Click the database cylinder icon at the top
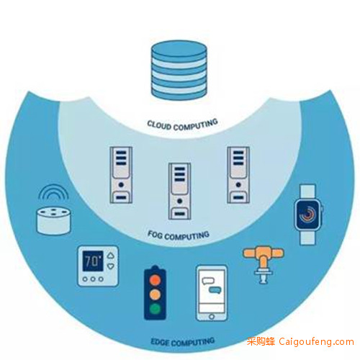coord(179,71)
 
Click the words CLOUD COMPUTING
coord(183,125)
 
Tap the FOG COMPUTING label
coord(179,235)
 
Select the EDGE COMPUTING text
coord(183,342)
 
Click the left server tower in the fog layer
coord(121,175)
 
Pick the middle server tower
coord(179,191)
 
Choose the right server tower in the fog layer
coord(238,175)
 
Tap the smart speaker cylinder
coord(54,221)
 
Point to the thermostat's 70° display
coord(93,261)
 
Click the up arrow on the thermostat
coord(111,256)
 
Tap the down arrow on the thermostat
coord(111,266)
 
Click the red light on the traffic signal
coord(155,280)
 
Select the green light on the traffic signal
coord(155,309)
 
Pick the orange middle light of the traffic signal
coord(155,294)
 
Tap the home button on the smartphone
coord(212,317)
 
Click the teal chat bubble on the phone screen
coord(215,290)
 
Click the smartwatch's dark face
coord(307,215)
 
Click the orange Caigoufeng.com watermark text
coord(316,342)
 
